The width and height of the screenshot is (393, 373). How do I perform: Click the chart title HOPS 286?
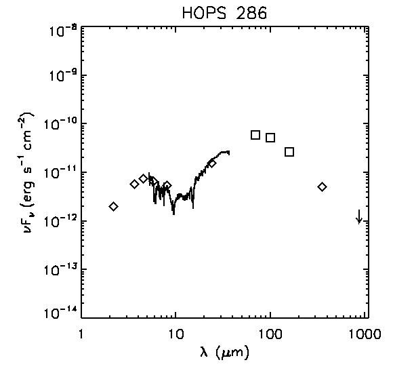(224, 13)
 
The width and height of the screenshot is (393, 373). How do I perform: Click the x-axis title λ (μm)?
(224, 351)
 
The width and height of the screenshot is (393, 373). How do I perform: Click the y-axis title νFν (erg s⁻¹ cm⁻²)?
(29, 172)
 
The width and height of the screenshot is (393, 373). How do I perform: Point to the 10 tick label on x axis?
(176, 334)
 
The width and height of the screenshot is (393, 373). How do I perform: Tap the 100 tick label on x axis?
(270, 334)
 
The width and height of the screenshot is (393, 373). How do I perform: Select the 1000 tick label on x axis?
(365, 334)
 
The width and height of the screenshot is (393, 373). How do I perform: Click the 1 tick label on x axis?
(81, 334)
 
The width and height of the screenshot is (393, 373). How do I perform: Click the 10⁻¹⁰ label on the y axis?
(60, 124)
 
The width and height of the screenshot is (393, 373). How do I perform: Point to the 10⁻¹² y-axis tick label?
(60, 222)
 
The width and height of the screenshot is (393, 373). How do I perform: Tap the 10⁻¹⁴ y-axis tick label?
(60, 313)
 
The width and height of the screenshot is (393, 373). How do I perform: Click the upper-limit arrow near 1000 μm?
(359, 216)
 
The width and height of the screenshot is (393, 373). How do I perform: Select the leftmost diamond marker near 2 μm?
(114, 207)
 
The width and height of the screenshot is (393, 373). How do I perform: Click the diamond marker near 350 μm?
(322, 187)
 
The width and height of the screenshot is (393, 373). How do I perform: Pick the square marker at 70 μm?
(255, 135)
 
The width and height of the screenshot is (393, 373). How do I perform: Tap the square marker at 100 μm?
(270, 138)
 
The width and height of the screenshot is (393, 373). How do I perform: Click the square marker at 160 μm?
(289, 152)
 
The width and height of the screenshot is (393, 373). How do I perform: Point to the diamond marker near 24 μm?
(212, 164)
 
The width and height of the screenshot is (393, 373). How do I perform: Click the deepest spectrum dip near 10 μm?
(173, 213)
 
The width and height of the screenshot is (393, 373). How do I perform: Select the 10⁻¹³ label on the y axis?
(60, 271)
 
